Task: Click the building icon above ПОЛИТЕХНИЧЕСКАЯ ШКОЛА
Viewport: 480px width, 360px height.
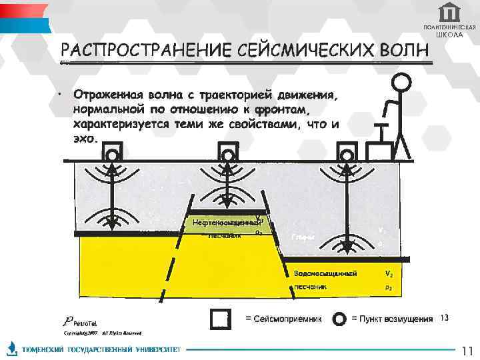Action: pos(449,12)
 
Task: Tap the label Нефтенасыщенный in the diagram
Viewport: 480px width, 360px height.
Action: pos(225,222)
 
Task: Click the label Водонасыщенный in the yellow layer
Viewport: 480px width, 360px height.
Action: pos(326,274)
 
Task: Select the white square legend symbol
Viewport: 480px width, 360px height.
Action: pos(220,320)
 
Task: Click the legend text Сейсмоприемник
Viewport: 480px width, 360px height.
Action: pos(283,319)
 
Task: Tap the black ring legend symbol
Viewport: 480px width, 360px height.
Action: pos(339,320)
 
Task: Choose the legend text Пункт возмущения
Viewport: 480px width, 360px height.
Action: pos(391,319)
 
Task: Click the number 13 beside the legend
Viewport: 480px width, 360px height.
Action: pos(445,316)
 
